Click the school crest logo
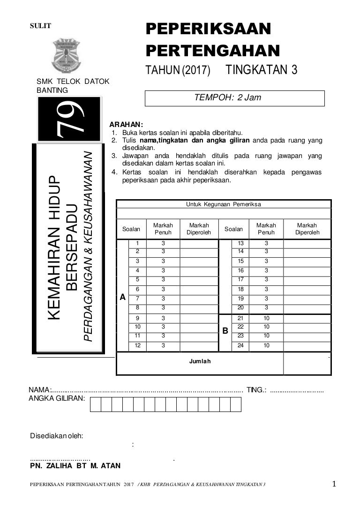coord(67,55)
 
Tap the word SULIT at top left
coord(40,26)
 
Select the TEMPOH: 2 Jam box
coord(234,98)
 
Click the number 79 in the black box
coord(69,119)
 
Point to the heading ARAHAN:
coord(123,125)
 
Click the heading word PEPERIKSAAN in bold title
coord(208,29)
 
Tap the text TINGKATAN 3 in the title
coord(262,70)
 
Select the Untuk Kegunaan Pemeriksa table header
coord(224,204)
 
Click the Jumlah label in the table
coord(200,361)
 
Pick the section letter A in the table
coord(123,297)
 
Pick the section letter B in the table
coord(225,331)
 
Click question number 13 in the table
coord(240,243)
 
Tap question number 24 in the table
coord(240,346)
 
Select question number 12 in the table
coord(138,346)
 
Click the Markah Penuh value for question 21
coord(266,318)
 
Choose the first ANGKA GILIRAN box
coord(96,404)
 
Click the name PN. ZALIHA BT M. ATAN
coord(75,466)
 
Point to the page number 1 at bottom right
coord(334,484)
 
